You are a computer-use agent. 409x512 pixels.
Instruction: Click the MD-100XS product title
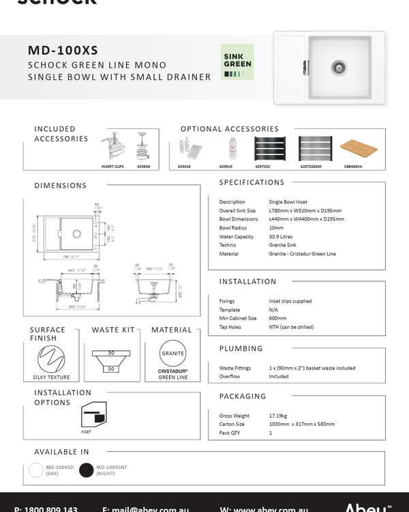coord(63,50)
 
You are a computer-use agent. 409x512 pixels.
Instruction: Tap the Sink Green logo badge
coord(237,62)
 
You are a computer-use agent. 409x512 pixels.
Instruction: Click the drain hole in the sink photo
coord(337,66)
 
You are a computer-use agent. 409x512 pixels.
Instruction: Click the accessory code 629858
coord(143,166)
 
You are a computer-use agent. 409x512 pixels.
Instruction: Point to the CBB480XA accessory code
coord(354,166)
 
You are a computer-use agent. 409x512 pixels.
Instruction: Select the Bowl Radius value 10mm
coord(277,228)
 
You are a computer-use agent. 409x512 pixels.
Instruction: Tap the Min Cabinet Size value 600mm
coord(278,318)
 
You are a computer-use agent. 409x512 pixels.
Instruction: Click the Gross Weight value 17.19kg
coord(278,416)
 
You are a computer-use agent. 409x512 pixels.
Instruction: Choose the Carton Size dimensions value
coord(301,424)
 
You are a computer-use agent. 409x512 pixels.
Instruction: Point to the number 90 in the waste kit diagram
coord(110,352)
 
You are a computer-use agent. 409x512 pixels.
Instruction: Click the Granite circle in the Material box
coord(173,354)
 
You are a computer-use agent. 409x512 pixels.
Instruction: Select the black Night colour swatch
coord(86,470)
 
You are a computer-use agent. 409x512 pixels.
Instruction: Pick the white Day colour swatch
coord(36,470)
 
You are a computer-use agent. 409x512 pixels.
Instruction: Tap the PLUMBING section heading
coord(241,349)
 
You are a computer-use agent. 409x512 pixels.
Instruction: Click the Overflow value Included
coord(279,376)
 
